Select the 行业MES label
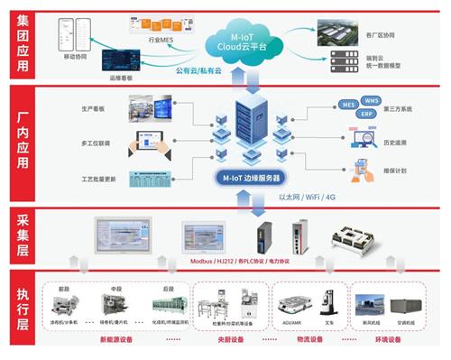pyautogui.click(x=159, y=41)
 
